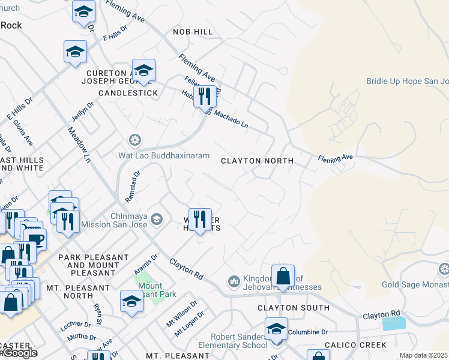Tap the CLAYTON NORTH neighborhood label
[257, 161]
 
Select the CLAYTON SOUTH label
[293, 308]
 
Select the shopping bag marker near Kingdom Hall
[283, 277]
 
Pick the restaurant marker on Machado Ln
[205, 96]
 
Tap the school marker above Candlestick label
[143, 71]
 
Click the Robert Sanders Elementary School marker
[276, 330]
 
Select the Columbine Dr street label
[307, 332]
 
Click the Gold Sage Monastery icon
[444, 268]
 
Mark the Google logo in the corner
[19, 353]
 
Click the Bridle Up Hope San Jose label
[407, 81]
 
